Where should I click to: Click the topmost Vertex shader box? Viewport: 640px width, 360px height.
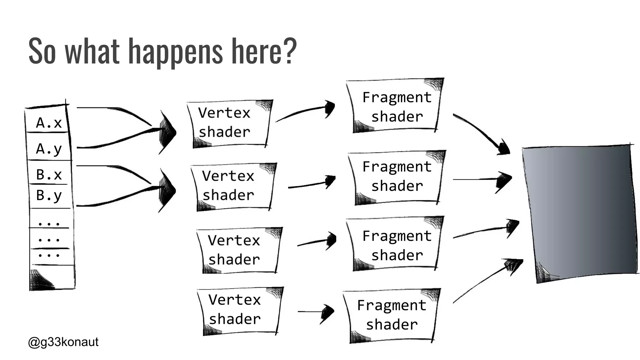(x=230, y=123)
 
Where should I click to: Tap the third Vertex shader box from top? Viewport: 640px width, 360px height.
(x=239, y=250)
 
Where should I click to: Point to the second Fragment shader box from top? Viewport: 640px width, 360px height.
(x=397, y=177)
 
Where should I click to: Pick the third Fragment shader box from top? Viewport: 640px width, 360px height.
(x=396, y=245)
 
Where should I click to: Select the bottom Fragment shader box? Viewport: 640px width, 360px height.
(x=391, y=315)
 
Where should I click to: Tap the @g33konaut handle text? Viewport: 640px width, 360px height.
(x=63, y=342)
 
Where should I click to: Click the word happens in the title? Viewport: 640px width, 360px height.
(x=175, y=52)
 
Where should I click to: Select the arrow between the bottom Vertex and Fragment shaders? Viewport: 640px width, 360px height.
(x=316, y=312)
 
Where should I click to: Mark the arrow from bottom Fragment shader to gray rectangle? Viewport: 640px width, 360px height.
(x=487, y=278)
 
